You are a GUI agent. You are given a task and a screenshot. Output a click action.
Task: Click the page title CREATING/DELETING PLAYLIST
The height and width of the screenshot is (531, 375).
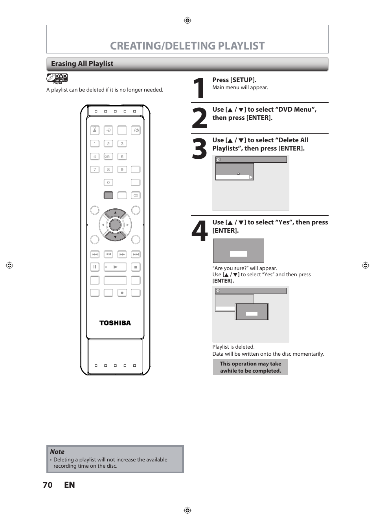[187, 46]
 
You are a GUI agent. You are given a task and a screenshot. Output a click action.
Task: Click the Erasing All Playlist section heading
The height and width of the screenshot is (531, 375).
[82, 64]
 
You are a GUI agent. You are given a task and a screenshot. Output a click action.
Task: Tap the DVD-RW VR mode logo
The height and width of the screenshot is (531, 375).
[57, 78]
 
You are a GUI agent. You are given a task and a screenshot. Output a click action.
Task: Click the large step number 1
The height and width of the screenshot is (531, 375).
[199, 88]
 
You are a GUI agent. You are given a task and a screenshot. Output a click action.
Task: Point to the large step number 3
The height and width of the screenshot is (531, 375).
[199, 149]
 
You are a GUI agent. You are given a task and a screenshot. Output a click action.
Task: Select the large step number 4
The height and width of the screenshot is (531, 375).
[199, 231]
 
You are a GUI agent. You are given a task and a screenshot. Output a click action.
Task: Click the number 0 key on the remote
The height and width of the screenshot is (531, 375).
[108, 182]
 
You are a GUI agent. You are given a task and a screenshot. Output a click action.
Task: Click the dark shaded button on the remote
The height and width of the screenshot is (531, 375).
[108, 195]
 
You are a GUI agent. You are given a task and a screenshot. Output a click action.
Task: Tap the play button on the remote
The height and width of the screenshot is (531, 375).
[115, 267]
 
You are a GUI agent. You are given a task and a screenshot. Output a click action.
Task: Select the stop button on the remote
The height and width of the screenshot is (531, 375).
[136, 267]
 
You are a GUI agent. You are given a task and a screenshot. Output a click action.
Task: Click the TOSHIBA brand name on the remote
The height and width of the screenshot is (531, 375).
[115, 323]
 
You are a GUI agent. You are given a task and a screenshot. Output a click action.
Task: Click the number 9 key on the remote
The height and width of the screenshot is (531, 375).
[122, 169]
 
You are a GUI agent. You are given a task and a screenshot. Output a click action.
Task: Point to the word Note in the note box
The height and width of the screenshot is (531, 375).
[57, 452]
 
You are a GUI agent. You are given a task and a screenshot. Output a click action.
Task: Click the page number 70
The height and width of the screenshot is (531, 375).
[48, 485]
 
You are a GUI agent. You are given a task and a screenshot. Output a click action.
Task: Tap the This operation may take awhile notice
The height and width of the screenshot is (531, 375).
[250, 367]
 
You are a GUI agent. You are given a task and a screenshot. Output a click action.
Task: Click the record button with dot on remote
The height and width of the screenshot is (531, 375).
[122, 293]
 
